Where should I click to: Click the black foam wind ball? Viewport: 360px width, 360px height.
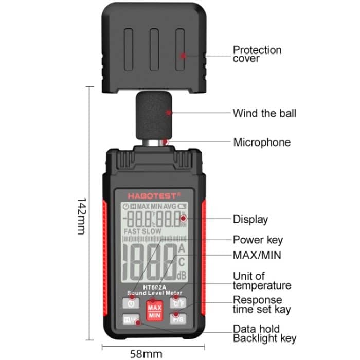[x=155, y=116]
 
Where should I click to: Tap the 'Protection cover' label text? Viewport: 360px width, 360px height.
[x=257, y=54]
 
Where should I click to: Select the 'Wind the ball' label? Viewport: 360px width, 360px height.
[x=264, y=113]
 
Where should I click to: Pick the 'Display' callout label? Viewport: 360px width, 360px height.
[x=250, y=219]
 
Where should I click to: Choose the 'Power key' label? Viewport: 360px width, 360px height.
[x=258, y=240]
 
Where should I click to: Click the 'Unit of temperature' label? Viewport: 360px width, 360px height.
[x=261, y=281]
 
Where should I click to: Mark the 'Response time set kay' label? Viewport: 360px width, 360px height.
[x=261, y=304]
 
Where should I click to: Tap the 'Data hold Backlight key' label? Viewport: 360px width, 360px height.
[x=264, y=333]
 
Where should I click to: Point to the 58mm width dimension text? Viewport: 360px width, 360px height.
[x=146, y=353]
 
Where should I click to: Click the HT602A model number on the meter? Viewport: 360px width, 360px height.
[x=154, y=287]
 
